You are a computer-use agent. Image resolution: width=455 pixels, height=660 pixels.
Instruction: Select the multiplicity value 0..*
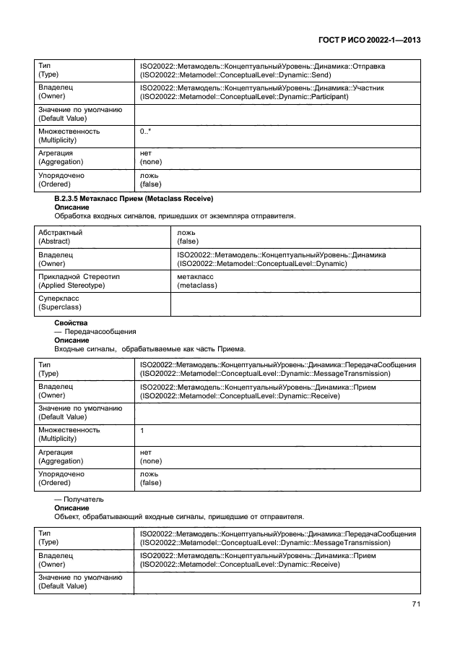pyautogui.click(x=144, y=132)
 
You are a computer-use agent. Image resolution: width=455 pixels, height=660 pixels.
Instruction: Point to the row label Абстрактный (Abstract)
pyautogui.click(x=61, y=237)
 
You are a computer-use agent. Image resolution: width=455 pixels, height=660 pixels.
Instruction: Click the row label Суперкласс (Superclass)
pyautogui.click(x=59, y=302)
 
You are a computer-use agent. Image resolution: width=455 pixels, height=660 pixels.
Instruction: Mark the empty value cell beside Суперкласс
pyautogui.click(x=295, y=302)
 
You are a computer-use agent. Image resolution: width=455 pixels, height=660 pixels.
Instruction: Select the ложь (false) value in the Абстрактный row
pyautogui.click(x=188, y=237)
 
